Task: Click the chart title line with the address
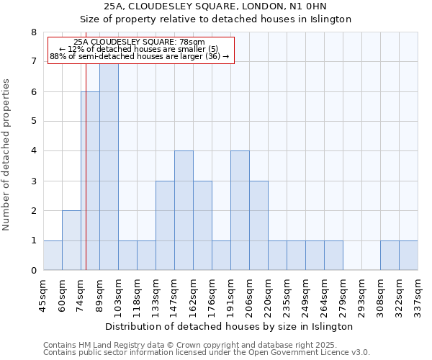[215, 6]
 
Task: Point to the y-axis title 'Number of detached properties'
[6, 155]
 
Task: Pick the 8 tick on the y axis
[33, 32]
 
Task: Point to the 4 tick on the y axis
[33, 151]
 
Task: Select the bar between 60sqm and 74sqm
[71, 240]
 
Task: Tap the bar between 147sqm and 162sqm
[184, 210]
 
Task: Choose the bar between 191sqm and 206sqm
[240, 210]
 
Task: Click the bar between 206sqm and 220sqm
[258, 225]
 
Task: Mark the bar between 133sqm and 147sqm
[165, 225]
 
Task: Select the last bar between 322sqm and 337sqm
[408, 256]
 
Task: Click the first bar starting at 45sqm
[53, 256]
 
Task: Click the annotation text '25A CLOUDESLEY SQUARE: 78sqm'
[139, 42]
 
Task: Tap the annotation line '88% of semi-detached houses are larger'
[139, 56]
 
